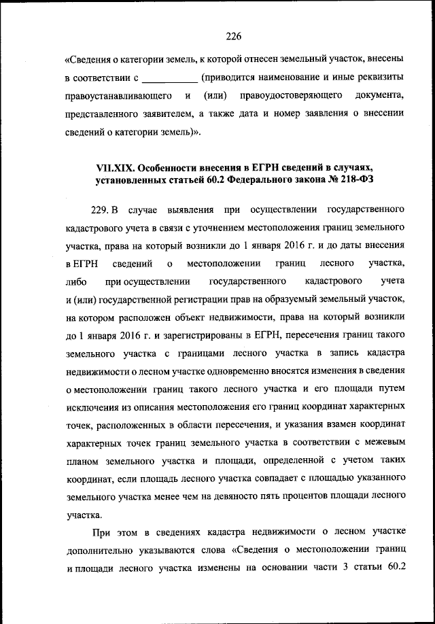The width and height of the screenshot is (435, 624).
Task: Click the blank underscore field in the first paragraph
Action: [170, 79]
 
